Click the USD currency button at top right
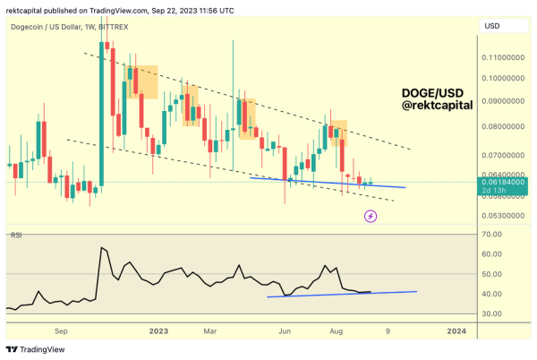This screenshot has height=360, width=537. point(491,25)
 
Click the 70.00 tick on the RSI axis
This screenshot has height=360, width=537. point(490,234)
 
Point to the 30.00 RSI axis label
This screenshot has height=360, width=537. point(490,313)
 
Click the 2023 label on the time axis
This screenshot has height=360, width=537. point(158,331)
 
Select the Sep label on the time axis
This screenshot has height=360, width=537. point(61,331)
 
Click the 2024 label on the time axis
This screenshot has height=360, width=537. point(456,331)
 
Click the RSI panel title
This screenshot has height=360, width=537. point(15,235)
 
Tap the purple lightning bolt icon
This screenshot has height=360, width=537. point(371,216)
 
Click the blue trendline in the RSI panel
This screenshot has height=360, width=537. point(340,294)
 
